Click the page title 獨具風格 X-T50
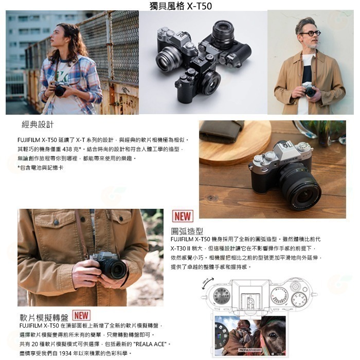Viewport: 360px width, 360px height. (180, 6)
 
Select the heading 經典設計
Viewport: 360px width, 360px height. (38, 125)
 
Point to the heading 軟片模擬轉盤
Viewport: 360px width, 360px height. (43, 317)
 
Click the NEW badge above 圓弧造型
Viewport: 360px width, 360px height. (183, 217)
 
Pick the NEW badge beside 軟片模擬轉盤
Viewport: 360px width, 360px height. (81, 315)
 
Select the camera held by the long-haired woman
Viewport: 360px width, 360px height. (60, 91)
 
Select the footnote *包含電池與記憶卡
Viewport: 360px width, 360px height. (41, 168)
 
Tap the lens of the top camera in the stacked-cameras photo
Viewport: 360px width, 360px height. (223, 29)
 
